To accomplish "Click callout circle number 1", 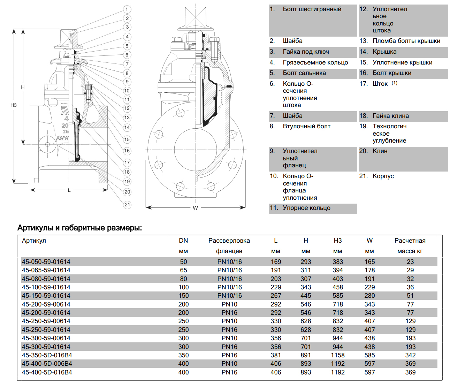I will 127,9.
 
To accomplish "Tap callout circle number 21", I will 127,205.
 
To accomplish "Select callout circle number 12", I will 127,108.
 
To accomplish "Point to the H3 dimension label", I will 14,105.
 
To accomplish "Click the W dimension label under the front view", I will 195,208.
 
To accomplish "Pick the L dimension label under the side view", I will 69,190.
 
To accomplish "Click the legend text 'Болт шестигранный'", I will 312,9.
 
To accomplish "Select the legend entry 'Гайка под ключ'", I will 306,52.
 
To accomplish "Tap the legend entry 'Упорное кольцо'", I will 306,208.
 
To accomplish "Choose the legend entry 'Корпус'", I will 383,176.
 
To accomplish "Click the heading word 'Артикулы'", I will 35,228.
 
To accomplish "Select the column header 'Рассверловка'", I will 229,241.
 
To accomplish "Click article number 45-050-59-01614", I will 46,262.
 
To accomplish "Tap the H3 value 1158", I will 337,355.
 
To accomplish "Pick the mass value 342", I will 410,355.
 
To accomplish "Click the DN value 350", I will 183,355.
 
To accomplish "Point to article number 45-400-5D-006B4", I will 47,364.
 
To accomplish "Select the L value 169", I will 276,262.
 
